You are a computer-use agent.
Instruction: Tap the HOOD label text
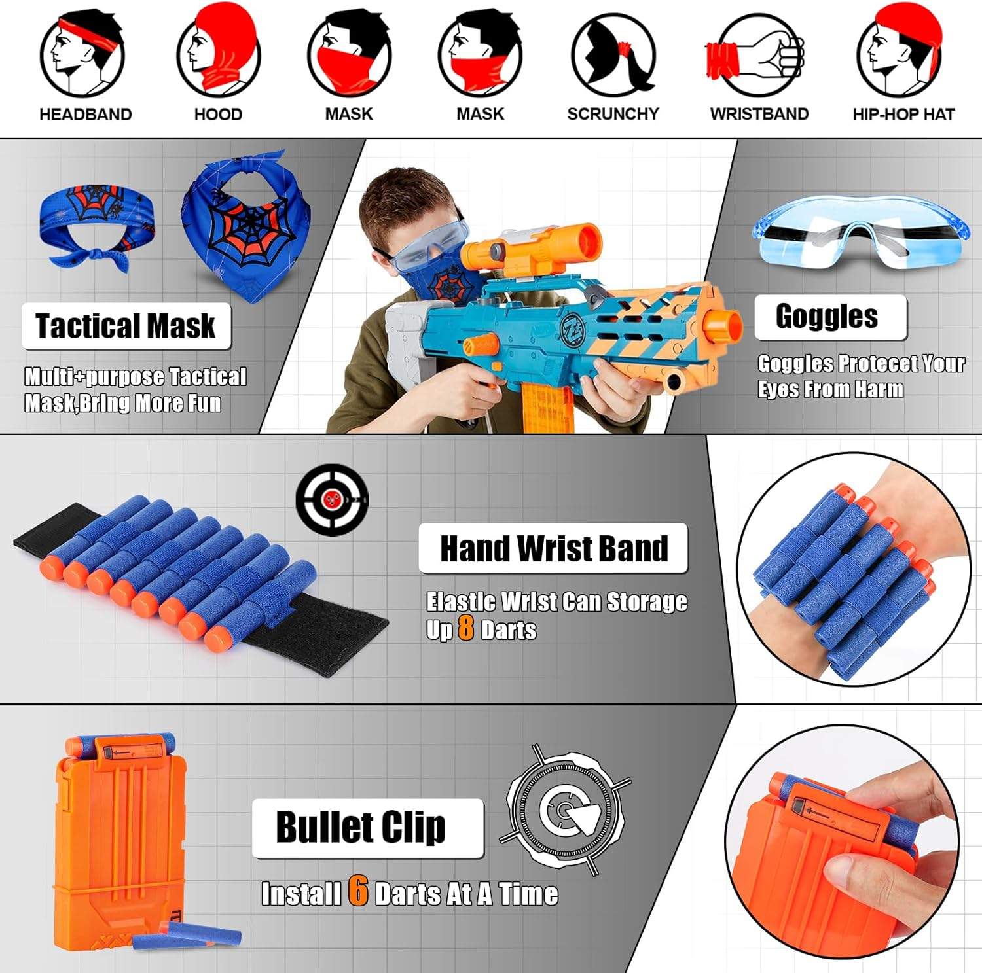tap(218, 115)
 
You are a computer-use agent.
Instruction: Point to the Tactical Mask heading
tap(126, 326)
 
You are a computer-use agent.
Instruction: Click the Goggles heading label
tap(827, 317)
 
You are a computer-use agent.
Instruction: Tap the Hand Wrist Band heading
tap(554, 548)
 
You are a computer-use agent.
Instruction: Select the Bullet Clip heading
tap(361, 828)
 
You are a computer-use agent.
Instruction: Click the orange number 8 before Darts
tap(465, 629)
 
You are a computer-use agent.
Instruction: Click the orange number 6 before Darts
tap(357, 891)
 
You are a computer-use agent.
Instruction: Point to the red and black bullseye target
tap(332, 500)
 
